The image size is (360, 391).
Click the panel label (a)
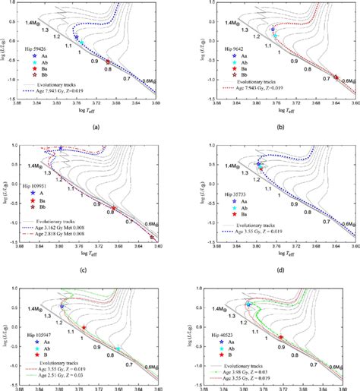click(x=92, y=128)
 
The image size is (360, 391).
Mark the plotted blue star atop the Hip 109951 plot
click(x=61, y=148)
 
